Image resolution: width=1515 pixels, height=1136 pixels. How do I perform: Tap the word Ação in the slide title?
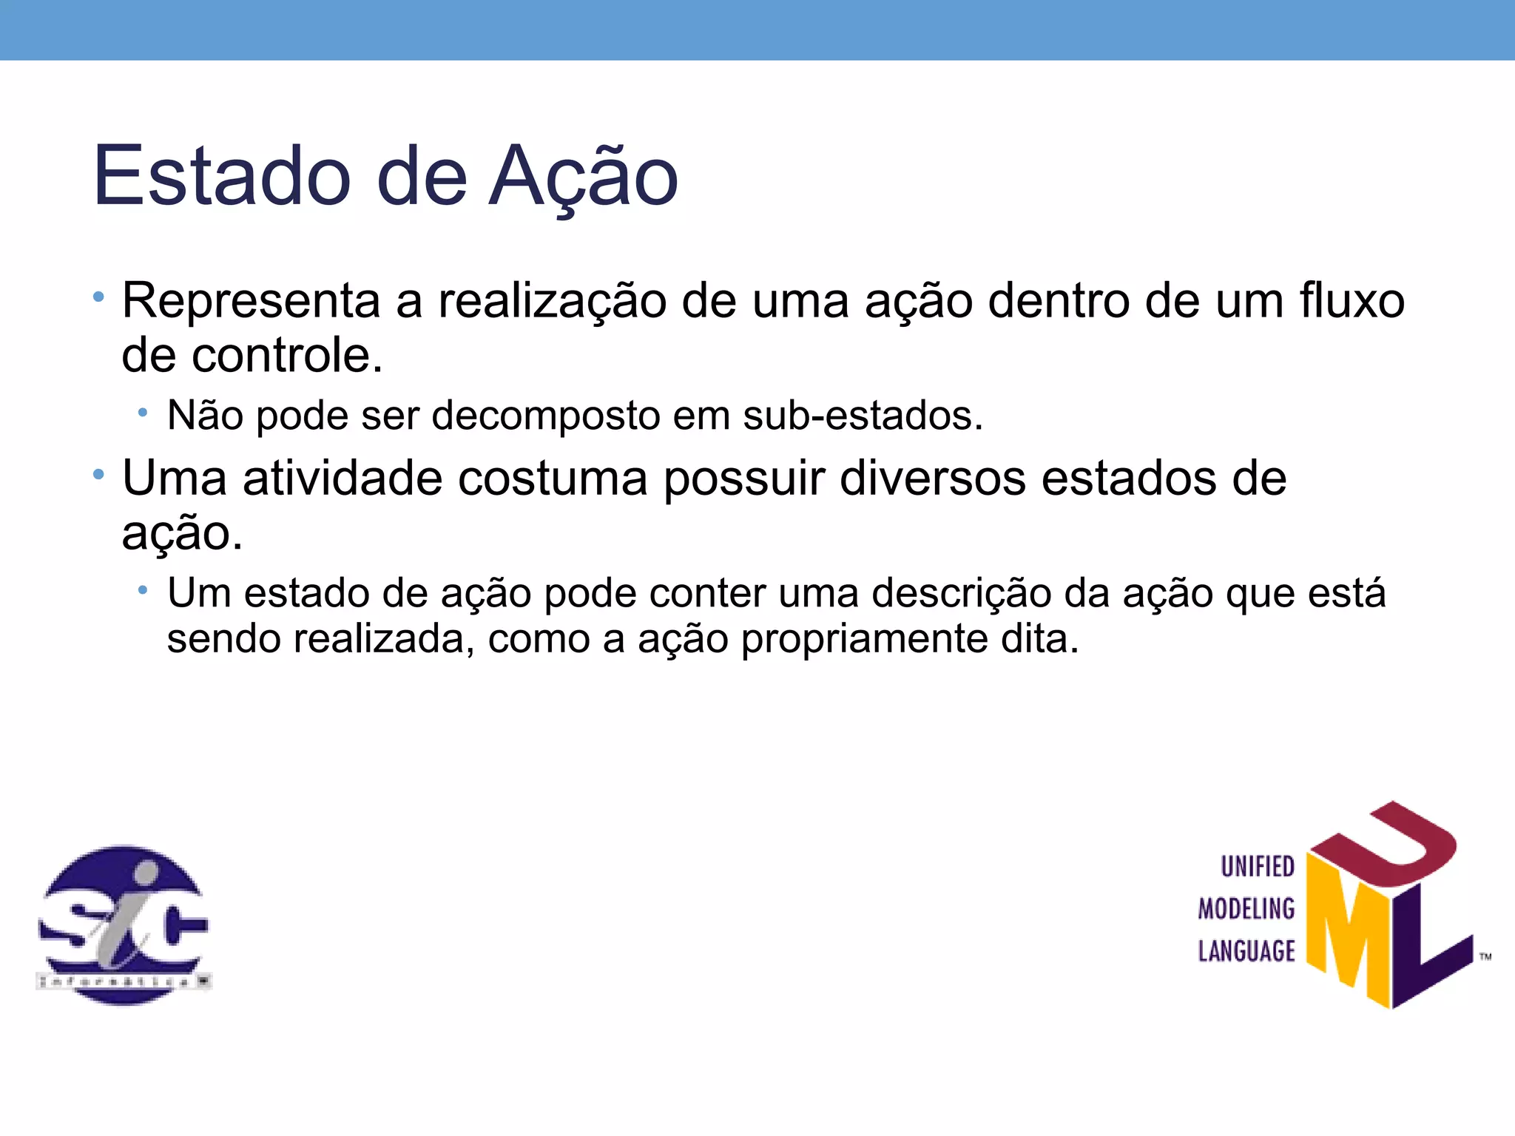pos(583,176)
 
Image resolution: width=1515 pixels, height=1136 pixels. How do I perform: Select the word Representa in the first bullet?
pos(251,302)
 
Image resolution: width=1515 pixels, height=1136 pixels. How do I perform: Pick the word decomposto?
pos(546,416)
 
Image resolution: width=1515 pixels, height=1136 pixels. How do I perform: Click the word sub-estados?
pos(863,416)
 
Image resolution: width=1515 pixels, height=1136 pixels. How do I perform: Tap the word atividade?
pos(342,479)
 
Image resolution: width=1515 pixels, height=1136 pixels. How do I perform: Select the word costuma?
pos(553,479)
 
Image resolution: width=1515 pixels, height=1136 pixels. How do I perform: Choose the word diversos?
pos(932,479)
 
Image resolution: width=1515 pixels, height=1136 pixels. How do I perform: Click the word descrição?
pos(961,594)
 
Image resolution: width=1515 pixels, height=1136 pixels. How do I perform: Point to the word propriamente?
pos(864,639)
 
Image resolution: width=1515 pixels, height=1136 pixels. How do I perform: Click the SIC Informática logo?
pos(124,925)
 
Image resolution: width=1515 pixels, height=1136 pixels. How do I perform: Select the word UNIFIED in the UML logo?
pos(1257,867)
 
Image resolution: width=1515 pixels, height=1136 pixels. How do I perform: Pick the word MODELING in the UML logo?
pos(1246,909)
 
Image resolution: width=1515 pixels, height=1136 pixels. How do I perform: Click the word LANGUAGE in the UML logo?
pos(1246,951)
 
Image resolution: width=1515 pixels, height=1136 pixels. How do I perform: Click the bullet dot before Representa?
pos(98,297)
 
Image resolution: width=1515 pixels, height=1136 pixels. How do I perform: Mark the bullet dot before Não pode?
pos(143,413)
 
